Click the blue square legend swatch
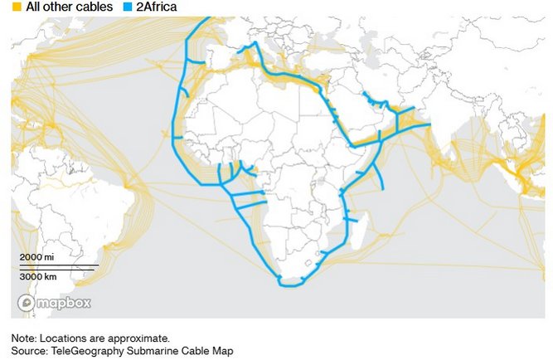point(126,7)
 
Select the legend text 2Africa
point(157,7)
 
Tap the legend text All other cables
point(69,7)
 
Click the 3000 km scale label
point(38,275)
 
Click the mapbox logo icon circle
point(26,303)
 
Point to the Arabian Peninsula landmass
point(365,120)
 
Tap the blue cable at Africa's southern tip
point(290,285)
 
